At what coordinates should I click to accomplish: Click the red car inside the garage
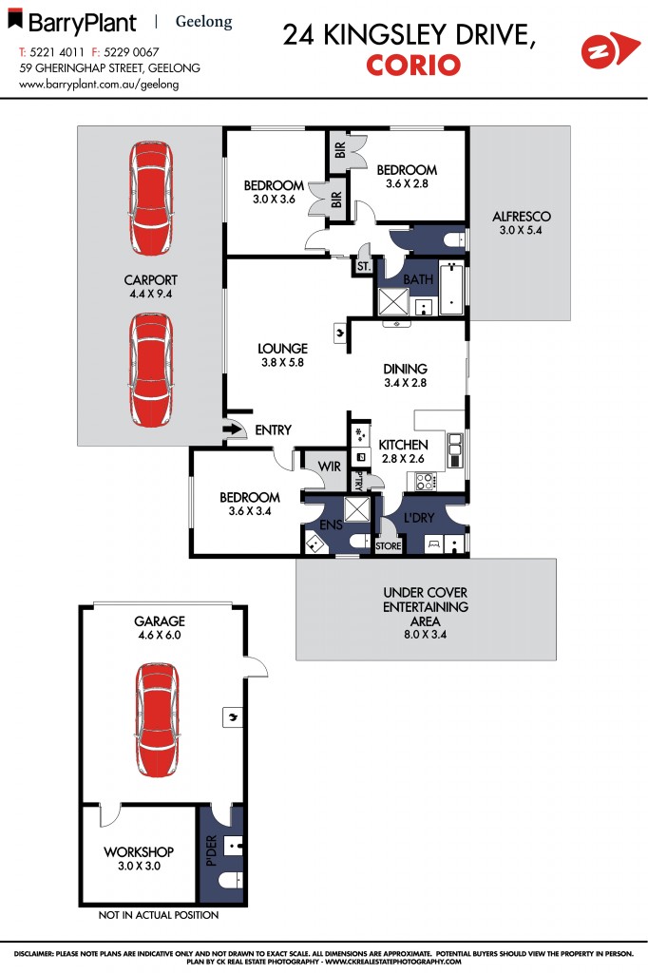pos(156,720)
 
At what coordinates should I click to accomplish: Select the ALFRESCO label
pos(522,217)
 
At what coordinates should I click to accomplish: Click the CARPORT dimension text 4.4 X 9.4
pos(151,295)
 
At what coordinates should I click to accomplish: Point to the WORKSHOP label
pos(139,851)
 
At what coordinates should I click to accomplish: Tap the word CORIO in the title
pos(413,65)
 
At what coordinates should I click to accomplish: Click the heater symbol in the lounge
pos(340,333)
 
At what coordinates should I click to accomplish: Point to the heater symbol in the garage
pos(231,717)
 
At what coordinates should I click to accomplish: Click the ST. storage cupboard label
pos(362,269)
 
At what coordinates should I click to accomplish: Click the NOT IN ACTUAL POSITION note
pos(158,915)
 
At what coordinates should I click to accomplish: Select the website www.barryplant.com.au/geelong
pos(99,84)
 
